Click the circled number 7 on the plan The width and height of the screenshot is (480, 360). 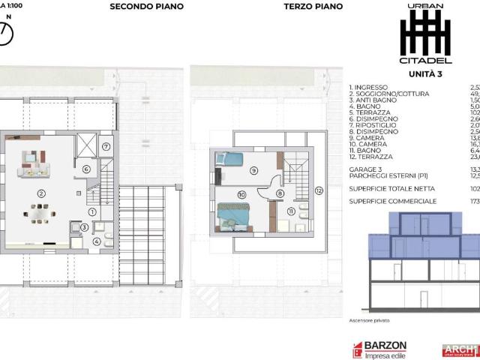coord(106,146)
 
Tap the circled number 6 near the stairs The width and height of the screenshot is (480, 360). coord(87,169)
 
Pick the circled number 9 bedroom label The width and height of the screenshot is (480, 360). coord(254,170)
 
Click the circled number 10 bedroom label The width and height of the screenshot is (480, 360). coord(241,195)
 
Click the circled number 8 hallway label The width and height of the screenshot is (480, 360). coord(280,193)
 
